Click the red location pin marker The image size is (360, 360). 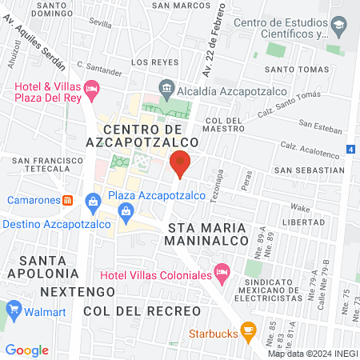[181, 163]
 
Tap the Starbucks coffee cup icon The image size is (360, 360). [248, 329]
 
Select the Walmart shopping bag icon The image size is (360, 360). [13, 310]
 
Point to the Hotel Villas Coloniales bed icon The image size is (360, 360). [222, 274]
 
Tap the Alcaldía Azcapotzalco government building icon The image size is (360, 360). [166, 86]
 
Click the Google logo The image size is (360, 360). [27, 350]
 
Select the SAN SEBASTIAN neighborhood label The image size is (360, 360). [309, 170]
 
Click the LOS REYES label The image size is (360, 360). [150, 62]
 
